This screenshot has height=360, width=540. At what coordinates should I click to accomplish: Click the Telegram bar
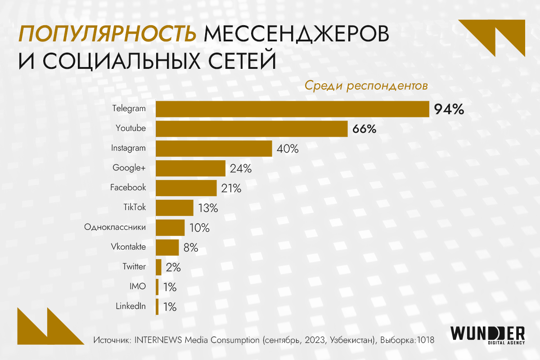pos(292,109)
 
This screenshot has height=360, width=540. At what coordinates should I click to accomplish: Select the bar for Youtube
pos(252,129)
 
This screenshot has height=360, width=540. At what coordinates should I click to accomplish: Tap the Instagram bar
pos(214,148)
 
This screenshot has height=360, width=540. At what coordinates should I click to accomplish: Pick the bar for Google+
pos(190,168)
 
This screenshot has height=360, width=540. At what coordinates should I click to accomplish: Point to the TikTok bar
pos(175,208)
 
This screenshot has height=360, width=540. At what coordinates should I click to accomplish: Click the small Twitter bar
pos(158,267)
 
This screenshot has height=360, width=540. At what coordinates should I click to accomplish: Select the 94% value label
pos(449,109)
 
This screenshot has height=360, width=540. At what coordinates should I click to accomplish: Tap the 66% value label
pos(364,129)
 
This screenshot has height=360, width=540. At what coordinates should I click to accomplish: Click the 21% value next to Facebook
pos(231,189)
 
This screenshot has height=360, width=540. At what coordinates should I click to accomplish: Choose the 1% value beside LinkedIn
pos(170,307)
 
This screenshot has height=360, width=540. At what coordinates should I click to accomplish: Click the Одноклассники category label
pos(115,227)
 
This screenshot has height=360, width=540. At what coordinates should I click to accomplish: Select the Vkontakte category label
pos(128,247)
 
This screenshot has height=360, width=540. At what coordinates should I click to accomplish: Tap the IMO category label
pos(137,286)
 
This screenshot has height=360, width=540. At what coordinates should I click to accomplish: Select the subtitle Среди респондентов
pos(366,86)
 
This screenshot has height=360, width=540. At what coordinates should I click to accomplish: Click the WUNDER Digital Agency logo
pos(488,335)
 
